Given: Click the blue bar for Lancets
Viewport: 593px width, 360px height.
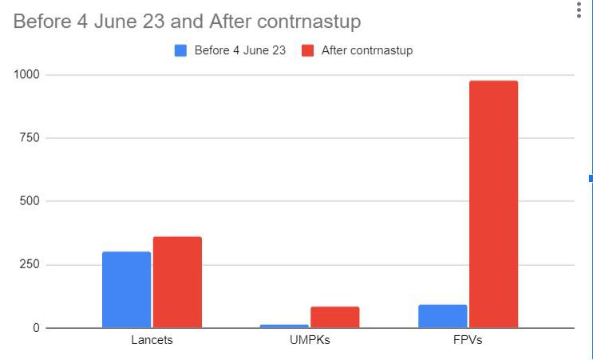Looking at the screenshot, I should [126, 289].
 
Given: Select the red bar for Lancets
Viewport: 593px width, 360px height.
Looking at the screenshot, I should [177, 282].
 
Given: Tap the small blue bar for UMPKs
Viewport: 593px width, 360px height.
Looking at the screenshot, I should [284, 326].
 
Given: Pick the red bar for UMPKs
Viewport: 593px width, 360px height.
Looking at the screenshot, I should [334, 317].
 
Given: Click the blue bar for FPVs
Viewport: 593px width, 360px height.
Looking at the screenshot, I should [442, 316].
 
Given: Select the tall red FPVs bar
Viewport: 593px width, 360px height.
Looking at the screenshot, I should [493, 204].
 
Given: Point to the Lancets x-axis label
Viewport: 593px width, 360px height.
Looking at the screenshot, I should [152, 340].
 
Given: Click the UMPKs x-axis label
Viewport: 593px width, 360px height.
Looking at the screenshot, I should [310, 340].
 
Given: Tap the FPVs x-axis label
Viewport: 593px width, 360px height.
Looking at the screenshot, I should [468, 340].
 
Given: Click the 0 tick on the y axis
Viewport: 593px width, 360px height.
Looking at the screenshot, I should [36, 328].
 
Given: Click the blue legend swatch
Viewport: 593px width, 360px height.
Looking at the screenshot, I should [180, 51].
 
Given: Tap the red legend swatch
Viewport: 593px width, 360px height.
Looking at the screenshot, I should [307, 51].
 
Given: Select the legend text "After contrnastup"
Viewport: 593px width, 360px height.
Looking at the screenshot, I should [367, 51].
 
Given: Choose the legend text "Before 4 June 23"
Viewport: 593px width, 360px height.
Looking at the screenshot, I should [239, 51].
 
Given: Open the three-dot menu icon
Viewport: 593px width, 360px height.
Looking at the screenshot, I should [579, 10].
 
